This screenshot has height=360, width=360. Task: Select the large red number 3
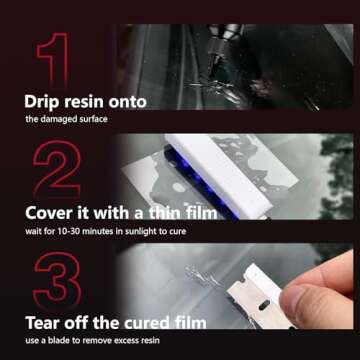click(57, 278)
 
